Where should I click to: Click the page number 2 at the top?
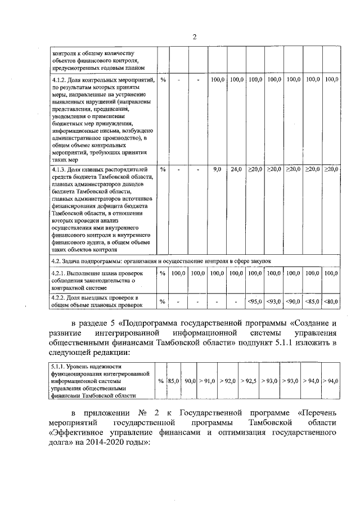pos(194,37)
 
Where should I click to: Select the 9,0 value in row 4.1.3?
pos(217,169)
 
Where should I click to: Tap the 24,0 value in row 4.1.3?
pos(236,169)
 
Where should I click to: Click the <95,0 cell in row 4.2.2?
pos(255,302)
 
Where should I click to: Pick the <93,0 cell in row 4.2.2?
pos(274,302)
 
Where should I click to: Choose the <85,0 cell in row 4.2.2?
pos(312,302)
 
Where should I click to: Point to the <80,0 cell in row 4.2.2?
pos(331,302)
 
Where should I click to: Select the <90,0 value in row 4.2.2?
pos(293,302)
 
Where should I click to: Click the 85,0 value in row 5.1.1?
pos(173,381)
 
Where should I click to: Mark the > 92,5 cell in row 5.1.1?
pos(249,381)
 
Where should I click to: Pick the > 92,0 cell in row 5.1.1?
pos(228,381)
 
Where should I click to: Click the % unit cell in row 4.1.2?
pos(163,80)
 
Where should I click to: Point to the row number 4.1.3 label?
pos(58,169)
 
